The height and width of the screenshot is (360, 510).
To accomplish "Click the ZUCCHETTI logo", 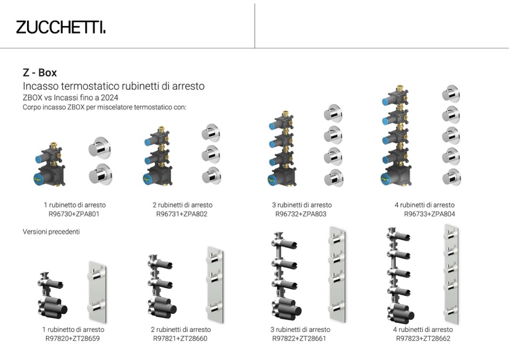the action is click(61, 27).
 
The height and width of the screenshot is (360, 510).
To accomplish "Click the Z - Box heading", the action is click(40, 72).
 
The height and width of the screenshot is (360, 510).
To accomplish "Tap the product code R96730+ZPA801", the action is click(74, 214).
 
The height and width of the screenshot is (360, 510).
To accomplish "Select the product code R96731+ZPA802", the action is click(182, 214).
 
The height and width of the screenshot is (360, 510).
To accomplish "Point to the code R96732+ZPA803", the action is click(301, 214).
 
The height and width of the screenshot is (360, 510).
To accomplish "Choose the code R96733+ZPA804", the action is click(430, 214).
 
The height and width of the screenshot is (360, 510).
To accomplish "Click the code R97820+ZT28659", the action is click(72, 339).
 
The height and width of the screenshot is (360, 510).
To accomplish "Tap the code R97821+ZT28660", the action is click(180, 339).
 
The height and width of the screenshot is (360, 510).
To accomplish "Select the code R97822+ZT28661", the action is click(299, 339).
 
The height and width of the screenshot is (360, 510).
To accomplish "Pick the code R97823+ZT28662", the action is click(423, 339).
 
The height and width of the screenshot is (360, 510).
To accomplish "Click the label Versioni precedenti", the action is click(51, 231).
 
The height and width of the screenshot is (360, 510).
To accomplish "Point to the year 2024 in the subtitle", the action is click(110, 97).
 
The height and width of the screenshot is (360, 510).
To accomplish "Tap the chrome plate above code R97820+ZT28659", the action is click(97, 292).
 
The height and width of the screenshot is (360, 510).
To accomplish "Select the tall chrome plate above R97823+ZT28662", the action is click(452, 274).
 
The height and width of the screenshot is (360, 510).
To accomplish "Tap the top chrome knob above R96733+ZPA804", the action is click(451, 94).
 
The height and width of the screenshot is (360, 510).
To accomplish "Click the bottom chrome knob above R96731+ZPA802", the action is click(211, 175).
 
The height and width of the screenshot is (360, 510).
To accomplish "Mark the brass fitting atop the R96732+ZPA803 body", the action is click(285, 113).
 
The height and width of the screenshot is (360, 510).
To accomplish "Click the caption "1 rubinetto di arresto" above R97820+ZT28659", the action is click(73, 330).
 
